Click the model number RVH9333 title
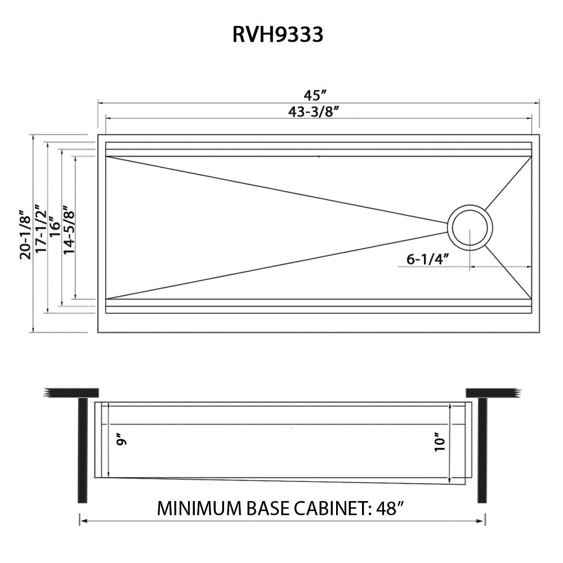click(x=278, y=35)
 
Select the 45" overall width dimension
click(x=316, y=95)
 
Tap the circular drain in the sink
click(x=470, y=227)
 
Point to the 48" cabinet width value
click(x=389, y=509)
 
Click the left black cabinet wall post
click(x=83, y=450)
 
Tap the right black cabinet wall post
click(x=481, y=450)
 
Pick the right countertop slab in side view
click(x=491, y=392)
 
